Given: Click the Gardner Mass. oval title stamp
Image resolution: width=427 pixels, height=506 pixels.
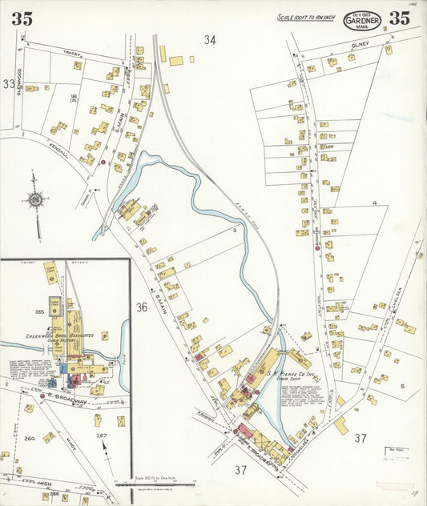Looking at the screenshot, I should click(362, 18).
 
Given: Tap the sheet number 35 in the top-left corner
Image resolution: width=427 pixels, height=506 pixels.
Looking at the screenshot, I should click(22, 19).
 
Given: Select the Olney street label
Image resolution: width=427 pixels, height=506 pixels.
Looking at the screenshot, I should click(358, 47).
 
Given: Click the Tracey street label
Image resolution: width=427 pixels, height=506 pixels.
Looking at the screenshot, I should click(74, 54).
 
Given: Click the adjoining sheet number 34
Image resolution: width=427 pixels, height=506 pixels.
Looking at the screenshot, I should click(210, 39).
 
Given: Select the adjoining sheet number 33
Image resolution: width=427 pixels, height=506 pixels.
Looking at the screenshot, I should click(9, 83).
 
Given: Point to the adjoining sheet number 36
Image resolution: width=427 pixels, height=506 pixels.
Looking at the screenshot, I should click(142, 307).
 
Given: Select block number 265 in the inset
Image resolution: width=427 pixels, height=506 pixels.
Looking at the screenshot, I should click(35, 310).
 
